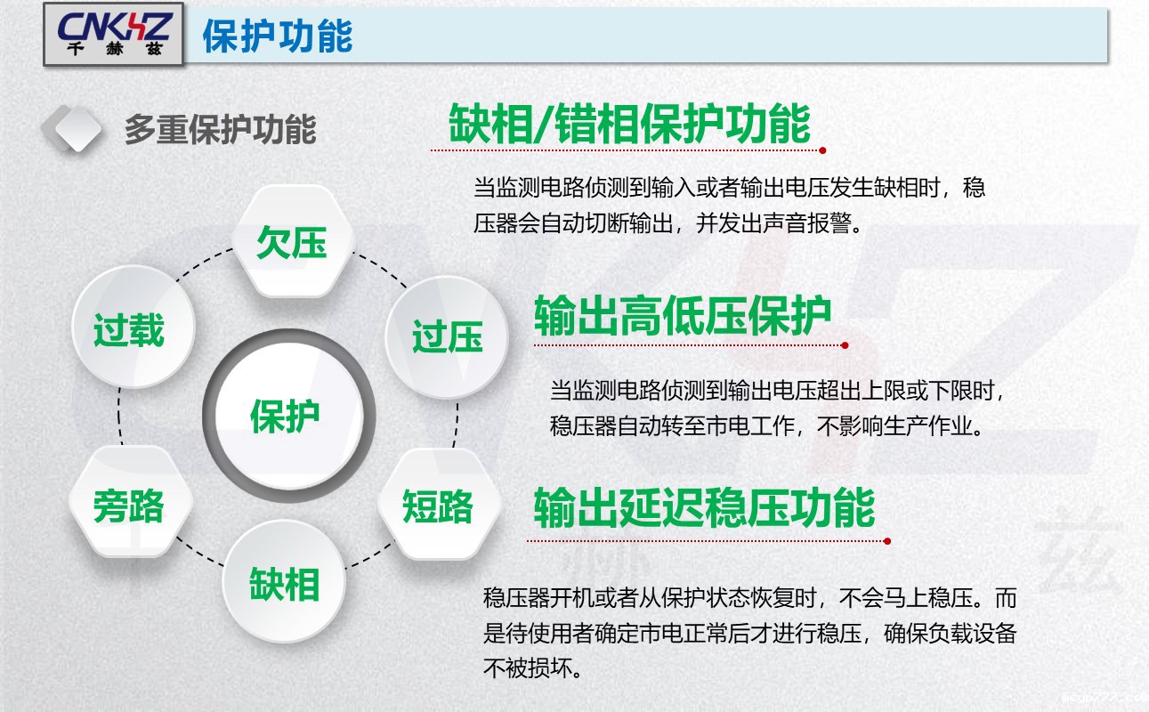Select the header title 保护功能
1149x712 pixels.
pyautogui.click(x=278, y=36)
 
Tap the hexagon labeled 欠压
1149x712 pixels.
pyautogui.click(x=291, y=242)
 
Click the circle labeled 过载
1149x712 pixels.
pyautogui.click(x=129, y=329)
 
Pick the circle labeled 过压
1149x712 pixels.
pyautogui.click(x=447, y=337)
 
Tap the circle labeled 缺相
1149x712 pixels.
pyautogui.click(x=284, y=585)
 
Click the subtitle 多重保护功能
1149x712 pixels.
pyautogui.click(x=220, y=130)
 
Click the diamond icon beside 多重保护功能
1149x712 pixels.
pyautogui.click(x=72, y=128)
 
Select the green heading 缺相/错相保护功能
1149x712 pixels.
pyautogui.click(x=629, y=124)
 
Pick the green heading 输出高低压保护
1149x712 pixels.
pyautogui.click(x=683, y=316)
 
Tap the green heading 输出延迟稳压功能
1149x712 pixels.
pyautogui.click(x=704, y=508)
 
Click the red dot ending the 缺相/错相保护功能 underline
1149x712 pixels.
pyautogui.click(x=823, y=150)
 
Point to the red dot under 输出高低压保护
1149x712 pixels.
pyautogui.click(x=845, y=344)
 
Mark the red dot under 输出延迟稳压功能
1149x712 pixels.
pyautogui.click(x=887, y=540)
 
